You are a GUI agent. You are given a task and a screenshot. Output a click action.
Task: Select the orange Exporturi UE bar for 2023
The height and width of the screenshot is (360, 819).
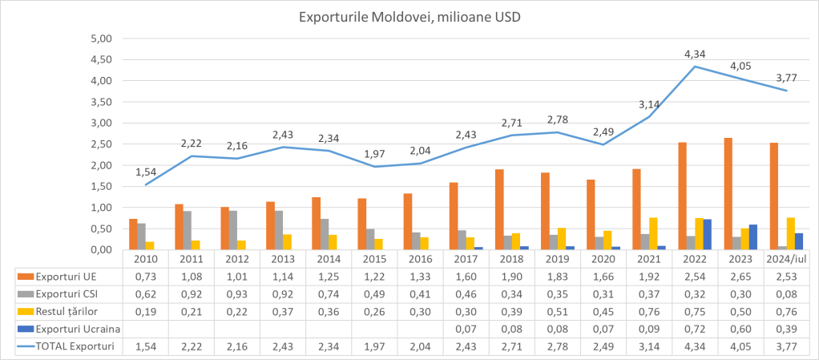click(x=728, y=194)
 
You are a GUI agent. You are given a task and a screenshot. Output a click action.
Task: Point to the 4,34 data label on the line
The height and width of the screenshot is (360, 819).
click(x=695, y=55)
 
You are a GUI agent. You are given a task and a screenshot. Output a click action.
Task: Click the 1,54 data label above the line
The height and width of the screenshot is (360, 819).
click(x=145, y=172)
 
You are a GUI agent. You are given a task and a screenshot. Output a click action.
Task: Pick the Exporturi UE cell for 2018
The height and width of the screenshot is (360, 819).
click(x=511, y=276)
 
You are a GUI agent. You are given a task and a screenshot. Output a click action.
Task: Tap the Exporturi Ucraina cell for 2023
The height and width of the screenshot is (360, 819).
click(x=740, y=329)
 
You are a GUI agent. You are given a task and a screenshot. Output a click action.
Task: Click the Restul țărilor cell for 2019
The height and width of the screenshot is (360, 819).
click(x=557, y=311)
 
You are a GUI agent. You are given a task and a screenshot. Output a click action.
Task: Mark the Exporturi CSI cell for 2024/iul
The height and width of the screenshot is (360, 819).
click(x=786, y=293)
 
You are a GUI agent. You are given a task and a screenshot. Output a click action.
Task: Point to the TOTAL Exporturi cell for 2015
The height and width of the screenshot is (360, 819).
click(x=374, y=346)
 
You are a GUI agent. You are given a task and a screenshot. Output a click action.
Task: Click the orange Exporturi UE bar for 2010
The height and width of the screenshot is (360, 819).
click(x=133, y=234)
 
